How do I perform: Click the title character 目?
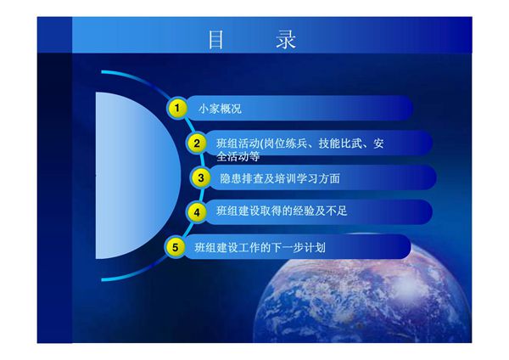pos(216,40)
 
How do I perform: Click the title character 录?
pos(287,40)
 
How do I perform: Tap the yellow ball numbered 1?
pos(176,109)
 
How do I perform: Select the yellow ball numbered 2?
pos(196,143)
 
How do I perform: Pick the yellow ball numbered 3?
pos(200,177)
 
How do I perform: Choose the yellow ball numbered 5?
pos(175,247)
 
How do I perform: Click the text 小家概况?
pos(220,110)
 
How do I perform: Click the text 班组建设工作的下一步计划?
pos(260,248)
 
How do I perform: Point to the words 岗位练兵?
pos(288,143)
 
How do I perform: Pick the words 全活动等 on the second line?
pos(238,156)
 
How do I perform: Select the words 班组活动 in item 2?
pos(238,143)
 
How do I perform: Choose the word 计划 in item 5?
pos(315,248)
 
